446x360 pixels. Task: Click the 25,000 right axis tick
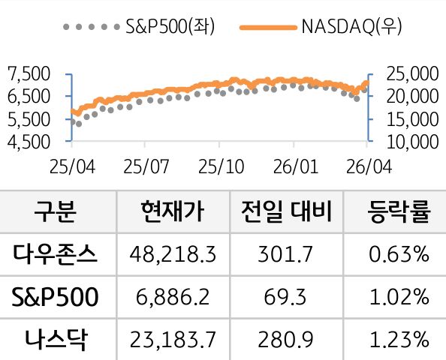409,73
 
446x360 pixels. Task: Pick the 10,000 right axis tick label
409,140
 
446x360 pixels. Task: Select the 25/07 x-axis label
146,164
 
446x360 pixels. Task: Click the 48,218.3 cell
173,255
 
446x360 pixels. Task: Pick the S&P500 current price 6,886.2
173,298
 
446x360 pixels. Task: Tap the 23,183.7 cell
173,340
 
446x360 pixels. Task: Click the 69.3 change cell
285,298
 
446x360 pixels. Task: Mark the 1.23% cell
399,340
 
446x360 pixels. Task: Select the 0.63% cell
399,255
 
